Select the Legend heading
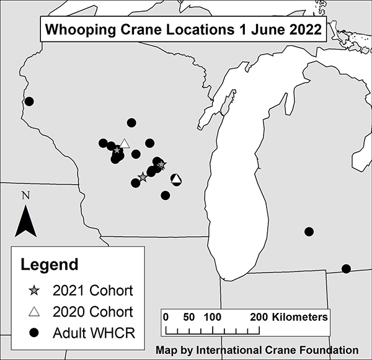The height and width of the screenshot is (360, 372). coord(50,265)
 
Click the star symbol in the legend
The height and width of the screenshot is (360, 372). coord(35,290)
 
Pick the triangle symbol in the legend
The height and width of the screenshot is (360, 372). coord(35,312)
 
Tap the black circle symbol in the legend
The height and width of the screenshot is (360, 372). coord(35,333)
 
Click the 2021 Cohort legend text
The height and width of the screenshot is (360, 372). coord(93,290)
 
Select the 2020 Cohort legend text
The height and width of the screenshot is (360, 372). coord(93,312)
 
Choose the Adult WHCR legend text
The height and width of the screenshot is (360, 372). coord(94,333)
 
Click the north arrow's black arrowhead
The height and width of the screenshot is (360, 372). coord(25,221)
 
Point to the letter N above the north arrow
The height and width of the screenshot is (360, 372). coord(25,196)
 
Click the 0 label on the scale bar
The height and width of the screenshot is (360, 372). coord(166,317)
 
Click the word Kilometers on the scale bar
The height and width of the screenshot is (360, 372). coord(298,317)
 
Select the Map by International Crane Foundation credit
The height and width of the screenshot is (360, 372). coord(257,349)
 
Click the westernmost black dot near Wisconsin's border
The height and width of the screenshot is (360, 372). coord(29,102)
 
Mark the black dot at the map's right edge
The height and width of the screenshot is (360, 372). coord(346,268)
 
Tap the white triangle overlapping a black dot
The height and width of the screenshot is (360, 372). coord(176,180)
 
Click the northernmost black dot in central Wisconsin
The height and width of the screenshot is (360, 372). coord(131,123)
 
